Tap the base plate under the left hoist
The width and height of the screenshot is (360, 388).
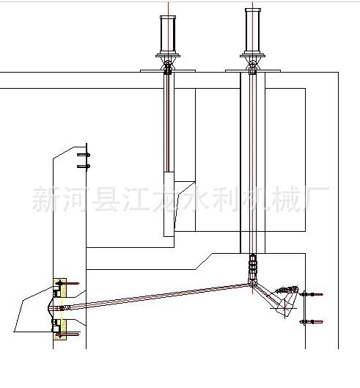[x=168, y=70]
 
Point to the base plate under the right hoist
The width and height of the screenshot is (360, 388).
[x=253, y=70]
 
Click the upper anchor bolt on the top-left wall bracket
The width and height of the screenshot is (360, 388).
[x=84, y=155]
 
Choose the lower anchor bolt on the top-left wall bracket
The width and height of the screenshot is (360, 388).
[x=84, y=166]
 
